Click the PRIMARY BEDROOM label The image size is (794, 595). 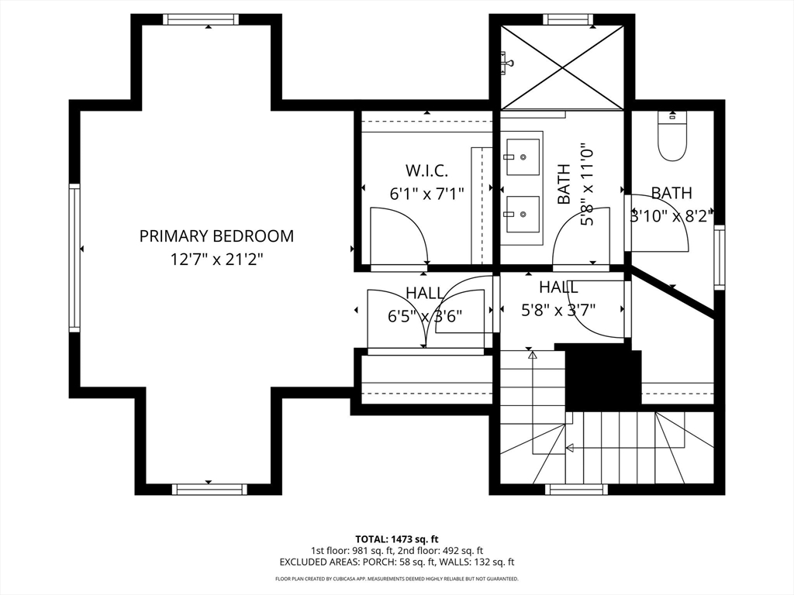tap(216, 236)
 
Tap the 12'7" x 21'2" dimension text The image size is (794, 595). tap(216, 260)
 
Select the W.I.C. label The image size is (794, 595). tap(426, 170)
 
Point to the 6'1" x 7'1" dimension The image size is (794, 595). tap(426, 194)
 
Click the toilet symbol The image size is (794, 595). tap(672, 136)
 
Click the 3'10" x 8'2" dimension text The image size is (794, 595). tap(671, 216)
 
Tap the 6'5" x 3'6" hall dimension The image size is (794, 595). tap(425, 316)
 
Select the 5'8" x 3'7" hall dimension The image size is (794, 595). tap(558, 310)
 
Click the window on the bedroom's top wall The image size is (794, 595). tap(201, 19)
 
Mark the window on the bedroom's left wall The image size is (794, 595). tap(74, 257)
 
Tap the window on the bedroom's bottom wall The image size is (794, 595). tap(209, 490)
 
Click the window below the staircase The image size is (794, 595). tap(576, 490)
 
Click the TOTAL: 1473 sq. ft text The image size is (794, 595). tap(396, 539)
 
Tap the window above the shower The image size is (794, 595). tap(568, 19)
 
